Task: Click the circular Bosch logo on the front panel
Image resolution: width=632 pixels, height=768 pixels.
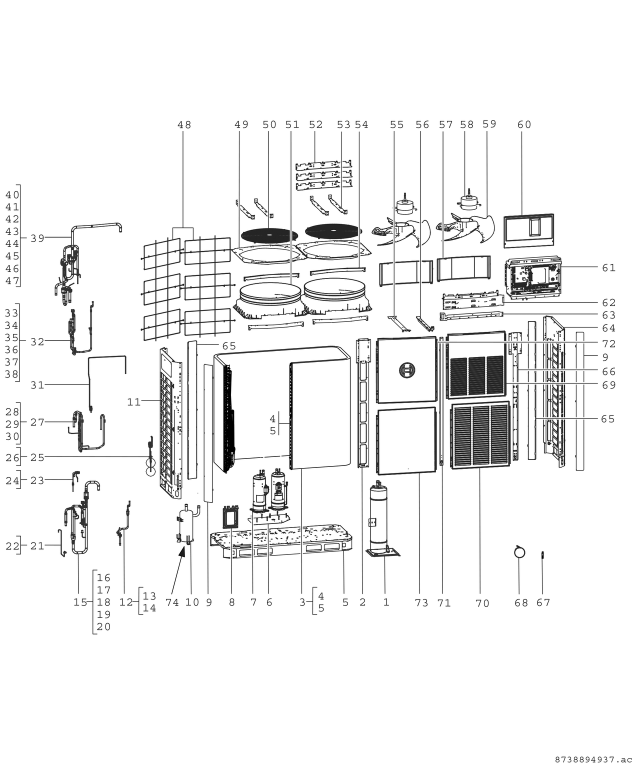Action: [x=406, y=370]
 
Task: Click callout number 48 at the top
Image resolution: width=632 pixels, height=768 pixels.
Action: [x=184, y=124]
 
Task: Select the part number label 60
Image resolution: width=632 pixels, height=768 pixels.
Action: [x=524, y=124]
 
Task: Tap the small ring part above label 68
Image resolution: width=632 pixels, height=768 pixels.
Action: [x=519, y=552]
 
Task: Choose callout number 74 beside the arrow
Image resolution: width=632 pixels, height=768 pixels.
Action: [x=172, y=602]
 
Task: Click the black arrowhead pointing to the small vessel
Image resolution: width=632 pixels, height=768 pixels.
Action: [x=182, y=552]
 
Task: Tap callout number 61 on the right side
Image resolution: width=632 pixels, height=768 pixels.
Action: [x=608, y=268]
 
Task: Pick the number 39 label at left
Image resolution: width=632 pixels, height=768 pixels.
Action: [x=37, y=238]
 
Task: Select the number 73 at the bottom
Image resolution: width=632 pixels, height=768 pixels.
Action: [x=421, y=603]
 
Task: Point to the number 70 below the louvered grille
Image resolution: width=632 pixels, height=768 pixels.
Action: [x=482, y=603]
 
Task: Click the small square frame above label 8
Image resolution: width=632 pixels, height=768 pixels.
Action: [x=231, y=517]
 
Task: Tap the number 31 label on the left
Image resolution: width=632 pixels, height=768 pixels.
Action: [x=37, y=385]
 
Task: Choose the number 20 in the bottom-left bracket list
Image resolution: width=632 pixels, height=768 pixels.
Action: [x=103, y=626]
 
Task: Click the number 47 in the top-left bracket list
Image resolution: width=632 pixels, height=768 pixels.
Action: [x=12, y=280]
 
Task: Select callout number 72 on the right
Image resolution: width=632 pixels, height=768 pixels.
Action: [x=608, y=344]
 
